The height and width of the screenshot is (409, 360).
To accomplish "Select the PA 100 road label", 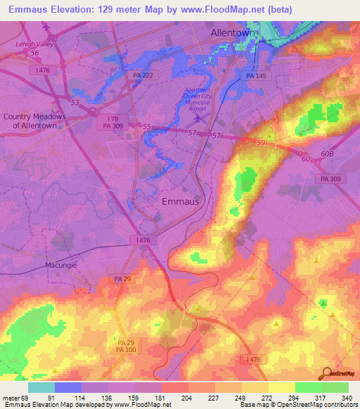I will [124, 349].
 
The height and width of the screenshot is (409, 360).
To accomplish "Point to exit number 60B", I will [326, 152].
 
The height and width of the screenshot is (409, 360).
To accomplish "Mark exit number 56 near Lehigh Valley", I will [34, 53].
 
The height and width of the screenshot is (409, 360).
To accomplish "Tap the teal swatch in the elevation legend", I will [41, 387].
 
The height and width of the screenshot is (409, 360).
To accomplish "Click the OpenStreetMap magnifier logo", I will [328, 372].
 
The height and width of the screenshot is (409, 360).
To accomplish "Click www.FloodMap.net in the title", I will [226, 8].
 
